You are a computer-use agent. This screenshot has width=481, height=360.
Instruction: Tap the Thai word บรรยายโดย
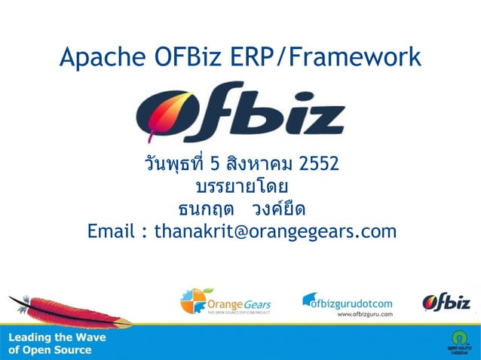coord(241,185)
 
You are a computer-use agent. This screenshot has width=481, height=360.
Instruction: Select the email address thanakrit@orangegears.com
coord(274,230)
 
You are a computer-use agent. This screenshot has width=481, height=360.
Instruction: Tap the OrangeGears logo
coord(225,302)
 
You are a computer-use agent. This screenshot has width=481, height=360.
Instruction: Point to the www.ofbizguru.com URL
coord(366,314)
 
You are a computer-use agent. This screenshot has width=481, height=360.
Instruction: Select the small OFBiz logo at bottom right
coord(446,302)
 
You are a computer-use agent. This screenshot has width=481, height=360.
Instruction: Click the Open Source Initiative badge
coord(458,340)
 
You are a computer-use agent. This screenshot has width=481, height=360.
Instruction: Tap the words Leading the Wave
coord(57,337)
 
